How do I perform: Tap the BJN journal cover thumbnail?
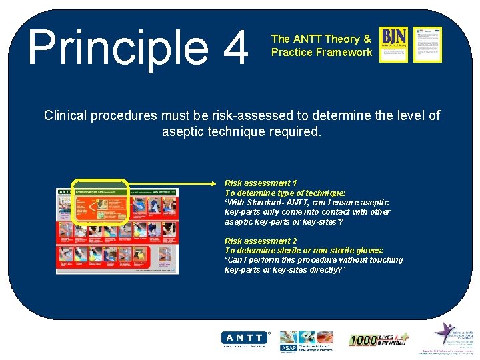[x=393, y=44]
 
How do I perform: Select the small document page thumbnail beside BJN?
[x=427, y=44]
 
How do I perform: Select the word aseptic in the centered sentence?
[x=185, y=131]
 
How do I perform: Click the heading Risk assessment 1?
[x=261, y=183]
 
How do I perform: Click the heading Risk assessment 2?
[x=261, y=241]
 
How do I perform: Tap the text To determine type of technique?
[x=285, y=193]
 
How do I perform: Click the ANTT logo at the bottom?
[x=245, y=339]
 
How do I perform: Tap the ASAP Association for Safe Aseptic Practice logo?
[x=306, y=339]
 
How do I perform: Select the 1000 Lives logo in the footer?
[x=379, y=339]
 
